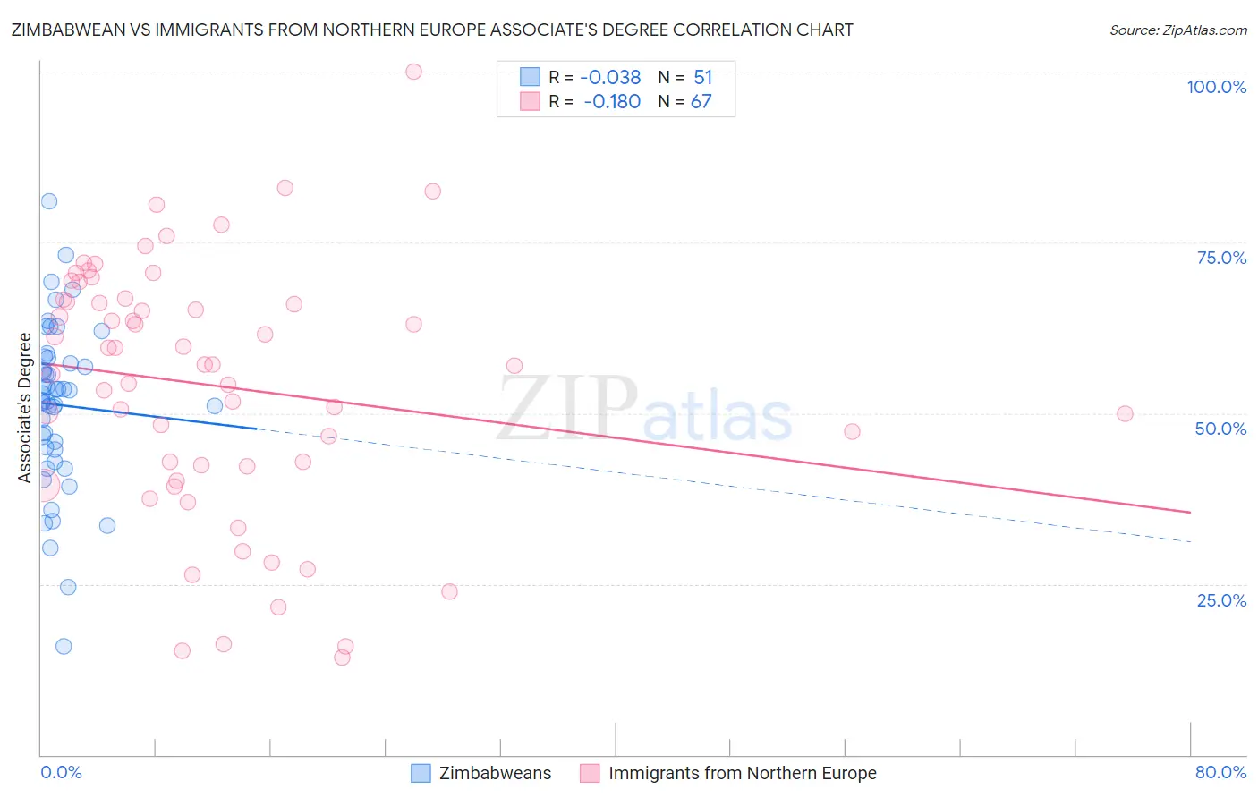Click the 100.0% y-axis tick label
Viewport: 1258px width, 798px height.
pyautogui.click(x=1216, y=87)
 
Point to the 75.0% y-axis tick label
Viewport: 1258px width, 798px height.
pyautogui.click(x=1221, y=258)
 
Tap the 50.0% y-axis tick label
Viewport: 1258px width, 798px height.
pyautogui.click(x=1220, y=429)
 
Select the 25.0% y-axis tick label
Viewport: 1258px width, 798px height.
pyautogui.click(x=1221, y=600)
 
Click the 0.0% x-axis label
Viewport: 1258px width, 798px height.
pyautogui.click(x=61, y=772)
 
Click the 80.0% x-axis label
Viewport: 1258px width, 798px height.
pyautogui.click(x=1220, y=772)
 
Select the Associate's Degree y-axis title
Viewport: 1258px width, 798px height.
pyautogui.click(x=25, y=408)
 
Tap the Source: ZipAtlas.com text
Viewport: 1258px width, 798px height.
pyautogui.click(x=1177, y=30)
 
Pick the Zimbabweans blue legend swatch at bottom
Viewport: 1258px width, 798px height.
pyautogui.click(x=421, y=773)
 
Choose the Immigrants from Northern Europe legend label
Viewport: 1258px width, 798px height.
pyautogui.click(x=742, y=773)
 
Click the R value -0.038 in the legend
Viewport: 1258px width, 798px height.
pyautogui.click(x=610, y=78)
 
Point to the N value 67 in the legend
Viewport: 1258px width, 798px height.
pyautogui.click(x=701, y=102)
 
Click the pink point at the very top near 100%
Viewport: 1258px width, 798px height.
pyautogui.click(x=413, y=72)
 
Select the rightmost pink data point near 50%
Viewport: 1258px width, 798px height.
pyautogui.click(x=1125, y=414)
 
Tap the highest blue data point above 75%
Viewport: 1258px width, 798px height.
pyautogui.click(x=49, y=201)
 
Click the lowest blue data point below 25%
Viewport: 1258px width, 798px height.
pyautogui.click(x=64, y=646)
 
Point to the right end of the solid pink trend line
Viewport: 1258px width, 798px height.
pyautogui.click(x=1190, y=512)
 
